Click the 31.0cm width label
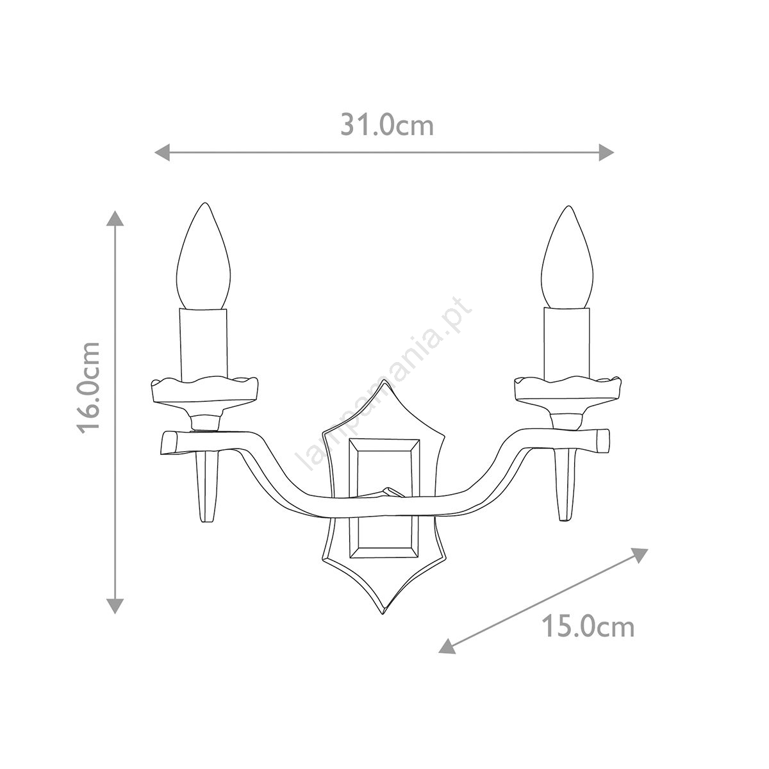point(386,126)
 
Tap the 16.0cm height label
point(88,388)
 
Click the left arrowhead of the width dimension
point(162,153)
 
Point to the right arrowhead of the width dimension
point(606,153)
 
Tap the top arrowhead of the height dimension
point(115,219)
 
